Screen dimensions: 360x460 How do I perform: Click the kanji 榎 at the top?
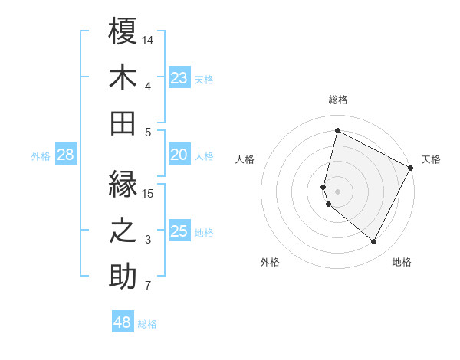tap(123, 31)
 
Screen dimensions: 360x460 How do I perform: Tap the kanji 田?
tap(123, 123)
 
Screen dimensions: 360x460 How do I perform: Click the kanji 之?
tap(123, 232)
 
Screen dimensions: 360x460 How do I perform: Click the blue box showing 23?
tap(179, 77)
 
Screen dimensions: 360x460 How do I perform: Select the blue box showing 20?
tap(179, 155)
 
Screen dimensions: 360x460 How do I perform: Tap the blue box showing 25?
tap(179, 231)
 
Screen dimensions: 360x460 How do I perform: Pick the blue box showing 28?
tap(65, 155)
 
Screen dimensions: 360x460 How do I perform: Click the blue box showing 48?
tap(123, 322)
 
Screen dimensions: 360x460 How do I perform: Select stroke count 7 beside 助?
tap(148, 286)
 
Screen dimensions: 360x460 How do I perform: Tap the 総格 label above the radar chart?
tap(338, 100)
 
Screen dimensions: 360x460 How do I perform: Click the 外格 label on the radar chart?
tap(270, 262)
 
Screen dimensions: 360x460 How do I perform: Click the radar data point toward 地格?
tap(374, 242)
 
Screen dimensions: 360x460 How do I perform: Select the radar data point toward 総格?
tap(337, 130)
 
